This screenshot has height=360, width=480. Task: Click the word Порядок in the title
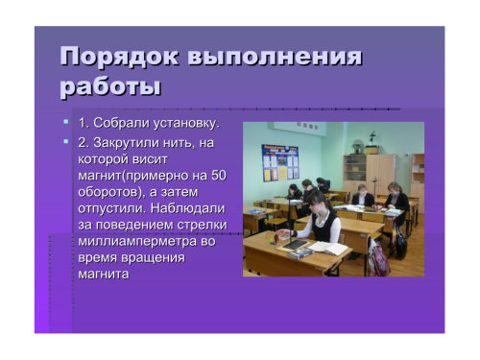[119, 58]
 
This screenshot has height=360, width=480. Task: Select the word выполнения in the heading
[275, 57]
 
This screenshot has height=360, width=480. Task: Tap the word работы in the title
[110, 86]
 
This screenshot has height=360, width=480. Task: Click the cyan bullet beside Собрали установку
[66, 122]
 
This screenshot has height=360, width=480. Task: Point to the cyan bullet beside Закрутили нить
[66, 141]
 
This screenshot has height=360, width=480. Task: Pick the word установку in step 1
[186, 123]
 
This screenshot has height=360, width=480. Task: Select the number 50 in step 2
[218, 175]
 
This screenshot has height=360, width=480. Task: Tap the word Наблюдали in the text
[187, 208]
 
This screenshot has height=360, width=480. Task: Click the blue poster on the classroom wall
[280, 162]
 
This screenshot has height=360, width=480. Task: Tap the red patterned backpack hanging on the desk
[378, 258]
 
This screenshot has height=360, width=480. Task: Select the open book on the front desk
[327, 248]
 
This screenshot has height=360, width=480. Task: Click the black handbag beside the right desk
[401, 243]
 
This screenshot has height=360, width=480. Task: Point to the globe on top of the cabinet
[356, 147]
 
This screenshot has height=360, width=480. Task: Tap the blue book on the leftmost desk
[253, 211]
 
